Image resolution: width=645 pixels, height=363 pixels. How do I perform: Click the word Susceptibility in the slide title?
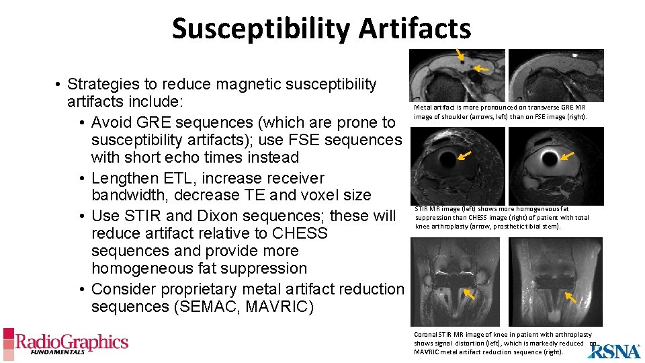(261, 30)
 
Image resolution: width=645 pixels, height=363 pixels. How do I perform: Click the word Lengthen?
(123, 178)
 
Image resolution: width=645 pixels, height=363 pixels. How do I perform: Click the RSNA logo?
(613, 350)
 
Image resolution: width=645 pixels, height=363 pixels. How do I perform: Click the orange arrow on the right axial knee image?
(568, 156)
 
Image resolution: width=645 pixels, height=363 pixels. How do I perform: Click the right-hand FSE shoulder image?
(556, 75)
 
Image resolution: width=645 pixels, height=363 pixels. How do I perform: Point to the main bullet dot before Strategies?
(59, 85)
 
